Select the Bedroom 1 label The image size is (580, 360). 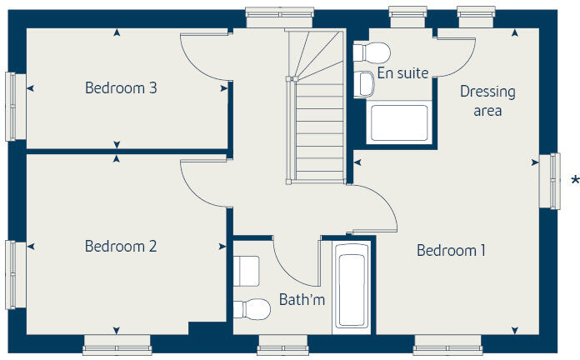(451, 250)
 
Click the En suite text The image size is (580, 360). (402, 73)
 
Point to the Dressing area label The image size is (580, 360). (487, 101)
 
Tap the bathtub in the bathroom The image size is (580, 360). (350, 285)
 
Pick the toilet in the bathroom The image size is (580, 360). (252, 309)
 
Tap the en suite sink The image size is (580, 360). (364, 83)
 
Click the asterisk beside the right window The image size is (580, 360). (574, 181)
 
